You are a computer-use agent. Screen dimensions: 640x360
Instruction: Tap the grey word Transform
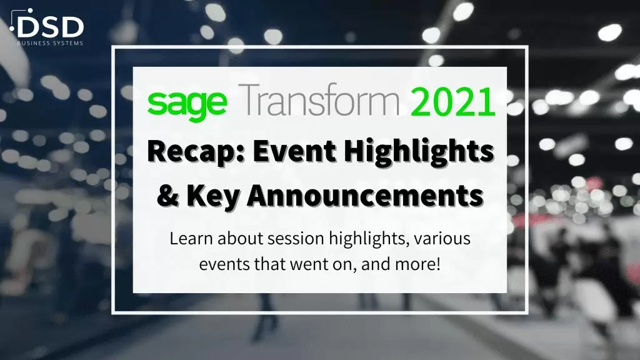coord(318,99)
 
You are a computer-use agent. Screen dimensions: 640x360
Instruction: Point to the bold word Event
coord(294,151)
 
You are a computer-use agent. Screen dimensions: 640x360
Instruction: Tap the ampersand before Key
coord(167,196)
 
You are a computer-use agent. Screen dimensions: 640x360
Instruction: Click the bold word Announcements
coord(365,196)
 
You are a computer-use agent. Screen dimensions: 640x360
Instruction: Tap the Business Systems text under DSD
coord(50,43)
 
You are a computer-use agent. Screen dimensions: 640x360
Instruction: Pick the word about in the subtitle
coord(240,238)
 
